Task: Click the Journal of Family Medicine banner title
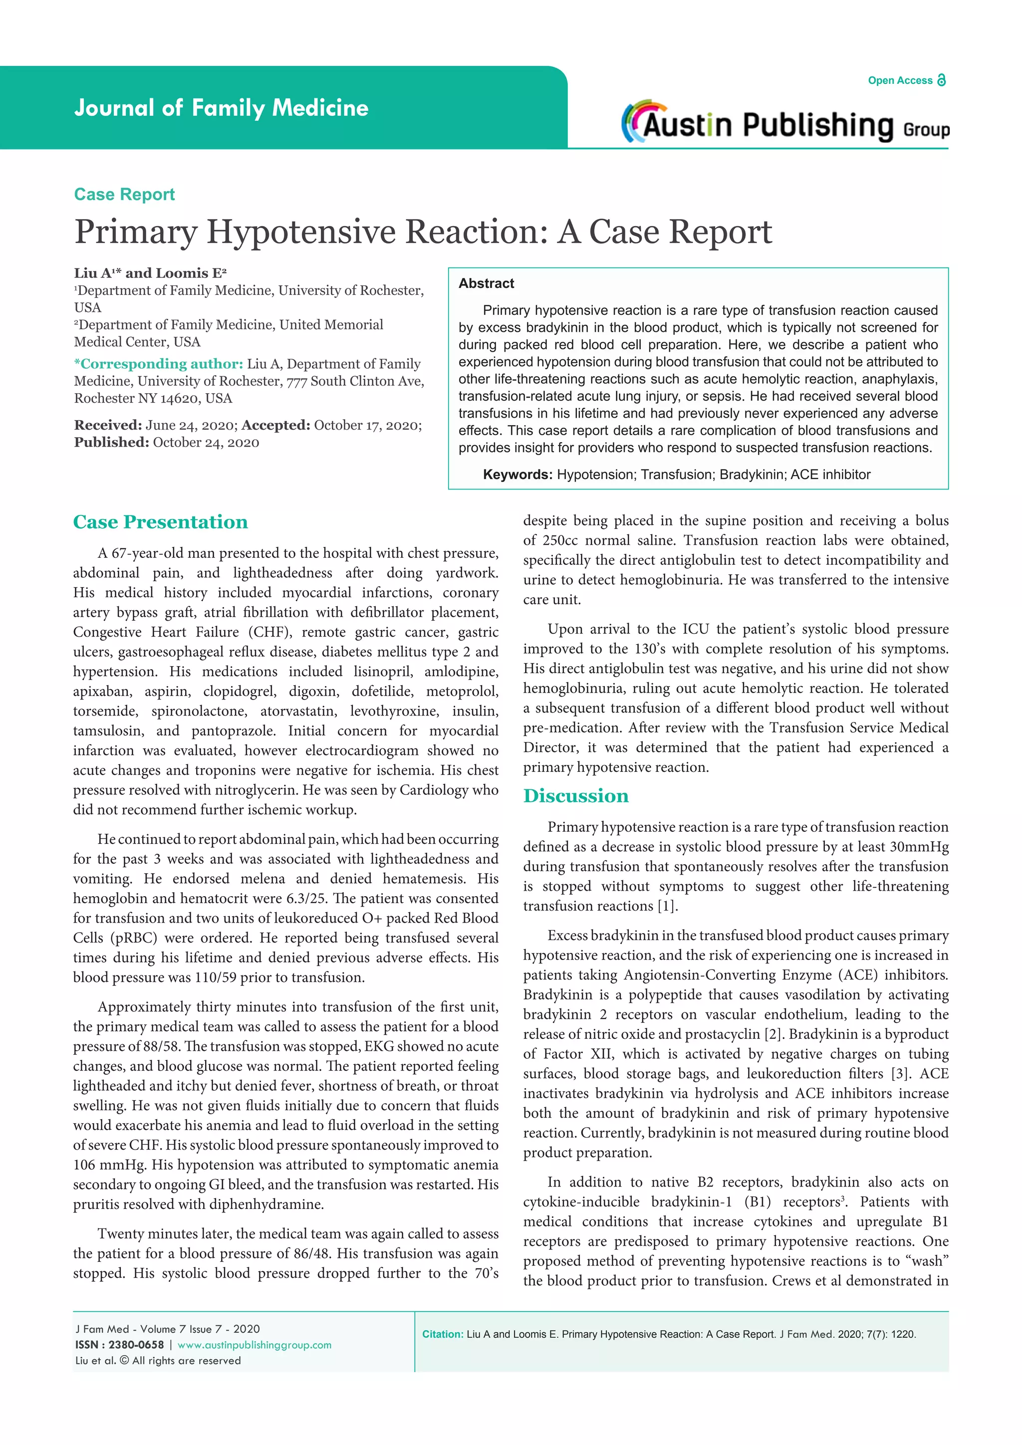point(221,108)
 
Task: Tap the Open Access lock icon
point(942,80)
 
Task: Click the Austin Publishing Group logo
point(785,123)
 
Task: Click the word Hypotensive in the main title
point(301,232)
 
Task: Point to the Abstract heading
point(486,283)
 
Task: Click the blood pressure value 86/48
point(310,1253)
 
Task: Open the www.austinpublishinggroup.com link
point(254,1345)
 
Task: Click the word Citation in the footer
point(443,1334)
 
